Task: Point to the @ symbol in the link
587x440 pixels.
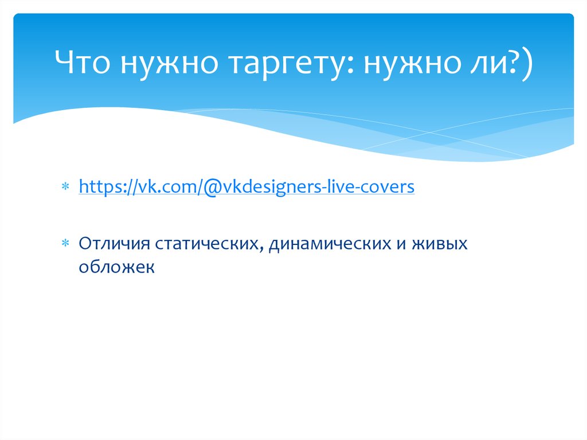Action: pyautogui.click(x=206, y=187)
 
